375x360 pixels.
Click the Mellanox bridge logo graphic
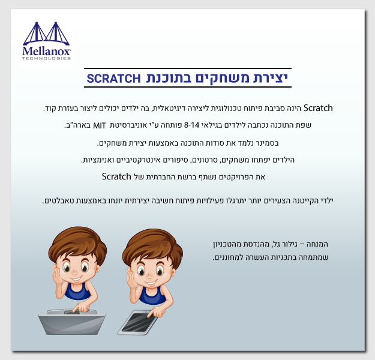point(46,34)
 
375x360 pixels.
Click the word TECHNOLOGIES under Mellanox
point(46,58)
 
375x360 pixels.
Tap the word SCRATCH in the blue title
point(113,79)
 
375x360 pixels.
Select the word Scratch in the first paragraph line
point(318,108)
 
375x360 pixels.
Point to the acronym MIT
point(99,125)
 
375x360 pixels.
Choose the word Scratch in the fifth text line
point(116,176)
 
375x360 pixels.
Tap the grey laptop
point(72,322)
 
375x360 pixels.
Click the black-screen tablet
point(138,323)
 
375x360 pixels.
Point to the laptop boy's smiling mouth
point(76,279)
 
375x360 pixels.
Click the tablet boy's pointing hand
point(155,312)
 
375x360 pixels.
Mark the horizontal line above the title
point(188,68)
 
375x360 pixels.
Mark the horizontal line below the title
point(188,87)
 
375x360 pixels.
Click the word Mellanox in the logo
point(46,51)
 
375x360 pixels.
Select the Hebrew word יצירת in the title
point(270,78)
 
